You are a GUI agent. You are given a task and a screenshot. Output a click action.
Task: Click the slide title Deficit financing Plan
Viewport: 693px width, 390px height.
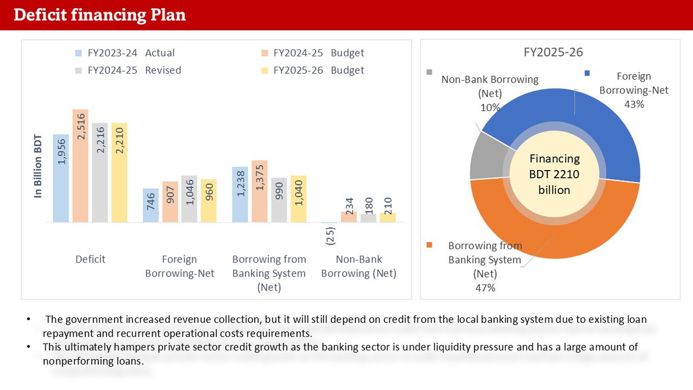click(x=99, y=15)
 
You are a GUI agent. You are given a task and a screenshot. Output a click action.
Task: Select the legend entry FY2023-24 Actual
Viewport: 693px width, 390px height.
click(x=130, y=53)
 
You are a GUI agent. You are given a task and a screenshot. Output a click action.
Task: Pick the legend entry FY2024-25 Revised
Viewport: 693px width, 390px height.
click(x=134, y=70)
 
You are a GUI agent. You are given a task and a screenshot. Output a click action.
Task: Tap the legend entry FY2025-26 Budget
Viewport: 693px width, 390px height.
click(x=318, y=70)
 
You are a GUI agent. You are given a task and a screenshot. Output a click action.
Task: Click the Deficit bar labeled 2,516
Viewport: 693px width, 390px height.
click(x=80, y=166)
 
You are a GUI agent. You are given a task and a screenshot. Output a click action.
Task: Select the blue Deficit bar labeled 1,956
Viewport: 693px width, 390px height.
click(x=61, y=178)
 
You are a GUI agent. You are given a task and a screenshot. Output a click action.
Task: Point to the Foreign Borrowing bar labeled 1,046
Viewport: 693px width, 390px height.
click(x=189, y=199)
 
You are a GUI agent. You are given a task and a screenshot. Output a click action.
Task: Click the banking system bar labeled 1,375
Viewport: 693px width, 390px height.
click(x=259, y=191)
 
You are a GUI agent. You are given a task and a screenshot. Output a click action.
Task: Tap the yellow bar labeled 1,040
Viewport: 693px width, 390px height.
click(x=298, y=199)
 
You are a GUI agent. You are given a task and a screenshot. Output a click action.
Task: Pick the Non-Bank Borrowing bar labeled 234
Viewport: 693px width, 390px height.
click(x=349, y=217)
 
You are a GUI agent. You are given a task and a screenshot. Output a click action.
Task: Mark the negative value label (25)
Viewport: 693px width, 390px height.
click(x=330, y=236)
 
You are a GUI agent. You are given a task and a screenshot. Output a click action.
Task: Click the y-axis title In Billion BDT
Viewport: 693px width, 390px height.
click(x=39, y=166)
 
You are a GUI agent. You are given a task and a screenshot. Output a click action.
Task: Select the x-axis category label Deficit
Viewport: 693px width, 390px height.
click(x=90, y=259)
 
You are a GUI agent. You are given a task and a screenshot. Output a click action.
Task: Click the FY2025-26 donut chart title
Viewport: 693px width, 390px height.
click(x=553, y=52)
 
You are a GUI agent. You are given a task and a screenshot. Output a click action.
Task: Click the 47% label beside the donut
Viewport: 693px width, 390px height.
click(x=485, y=288)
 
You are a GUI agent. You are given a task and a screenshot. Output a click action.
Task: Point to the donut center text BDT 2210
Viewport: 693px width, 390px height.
click(x=554, y=175)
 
